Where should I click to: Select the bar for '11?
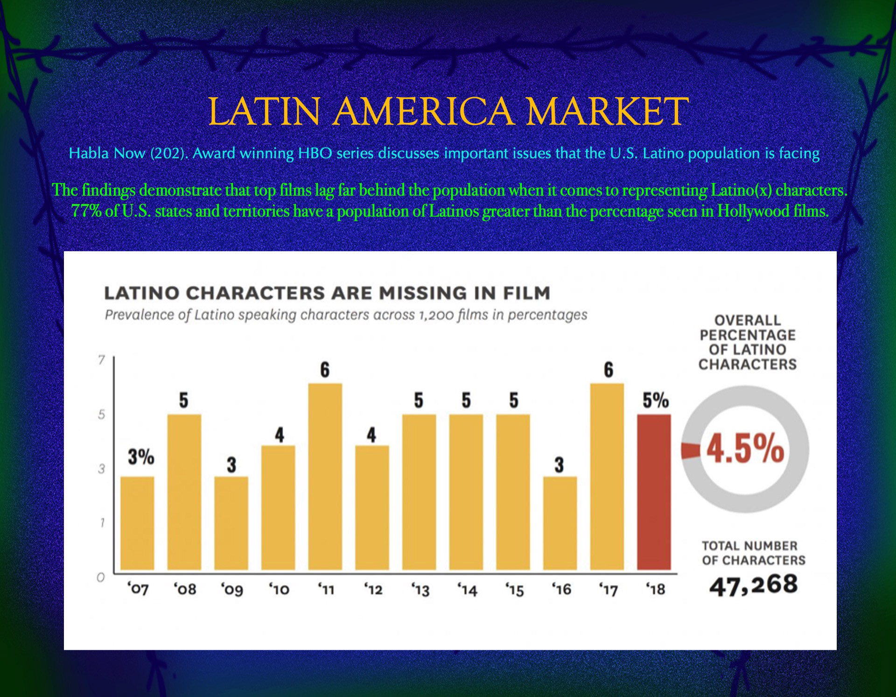pos(325,476)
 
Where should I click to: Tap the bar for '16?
pos(560,523)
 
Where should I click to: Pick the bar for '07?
pos(137,523)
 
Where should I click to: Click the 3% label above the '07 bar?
pos(141,458)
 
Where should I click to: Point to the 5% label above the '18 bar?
pos(655,401)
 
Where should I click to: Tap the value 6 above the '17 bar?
pos(608,370)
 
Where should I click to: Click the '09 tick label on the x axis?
pos(232,590)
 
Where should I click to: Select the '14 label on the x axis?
pos(468,590)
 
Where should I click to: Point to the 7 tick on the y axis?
pos(102,360)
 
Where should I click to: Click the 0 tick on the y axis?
pos(100,577)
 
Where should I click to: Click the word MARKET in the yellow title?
pos(607,112)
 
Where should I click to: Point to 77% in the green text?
pos(86,211)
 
